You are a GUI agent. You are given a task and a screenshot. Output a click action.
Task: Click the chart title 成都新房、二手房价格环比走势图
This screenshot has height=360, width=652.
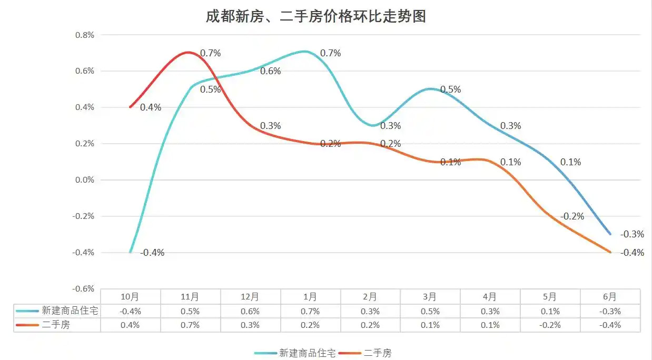click(x=315, y=16)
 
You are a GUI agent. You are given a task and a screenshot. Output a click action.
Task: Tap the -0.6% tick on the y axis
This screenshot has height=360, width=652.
click(x=84, y=289)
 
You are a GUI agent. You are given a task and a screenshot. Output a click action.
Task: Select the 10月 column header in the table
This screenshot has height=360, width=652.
click(x=130, y=297)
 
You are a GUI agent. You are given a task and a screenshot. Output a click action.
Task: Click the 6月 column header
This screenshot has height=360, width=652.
click(x=610, y=297)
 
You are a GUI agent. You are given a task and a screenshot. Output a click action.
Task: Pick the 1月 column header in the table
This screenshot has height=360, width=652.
click(x=310, y=297)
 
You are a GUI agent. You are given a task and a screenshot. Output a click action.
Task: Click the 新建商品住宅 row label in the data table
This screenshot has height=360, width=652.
click(x=70, y=311)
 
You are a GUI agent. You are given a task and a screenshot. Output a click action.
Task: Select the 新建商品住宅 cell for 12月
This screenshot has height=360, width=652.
click(x=250, y=311)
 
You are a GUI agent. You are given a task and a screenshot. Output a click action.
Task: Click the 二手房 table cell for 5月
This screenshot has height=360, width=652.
click(x=550, y=325)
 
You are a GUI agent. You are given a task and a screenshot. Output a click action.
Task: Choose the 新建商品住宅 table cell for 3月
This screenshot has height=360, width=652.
click(x=430, y=311)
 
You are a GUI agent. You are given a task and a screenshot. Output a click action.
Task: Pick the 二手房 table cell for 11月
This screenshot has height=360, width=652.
click(x=190, y=325)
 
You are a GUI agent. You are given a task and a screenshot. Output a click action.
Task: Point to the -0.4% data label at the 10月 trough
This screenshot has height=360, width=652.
click(x=153, y=253)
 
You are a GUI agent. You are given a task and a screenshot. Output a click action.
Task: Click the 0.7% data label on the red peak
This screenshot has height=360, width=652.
click(x=210, y=53)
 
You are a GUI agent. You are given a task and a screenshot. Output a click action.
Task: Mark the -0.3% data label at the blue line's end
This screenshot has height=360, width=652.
click(x=632, y=234)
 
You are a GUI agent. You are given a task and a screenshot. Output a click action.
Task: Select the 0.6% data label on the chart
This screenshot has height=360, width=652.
click(x=271, y=72)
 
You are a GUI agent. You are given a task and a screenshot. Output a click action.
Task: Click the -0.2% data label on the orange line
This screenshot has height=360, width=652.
click(x=572, y=216)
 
